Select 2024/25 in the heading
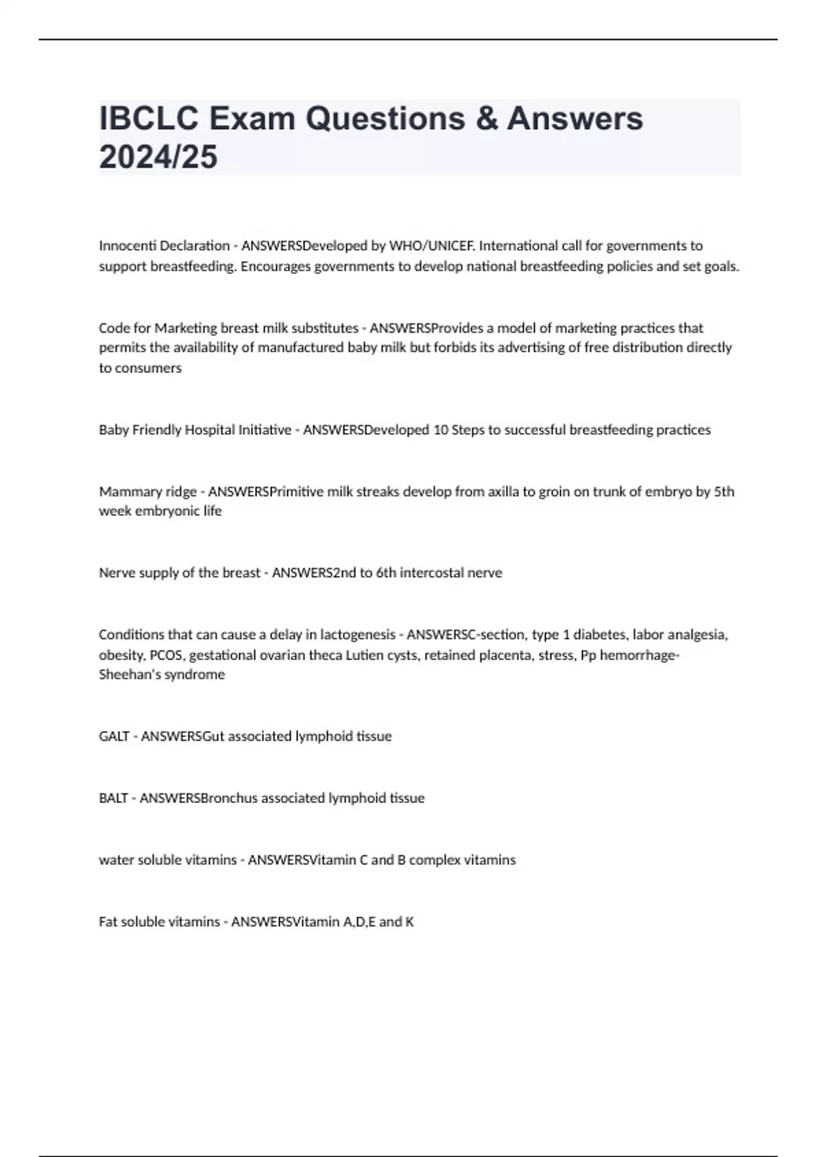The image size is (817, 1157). coord(158,157)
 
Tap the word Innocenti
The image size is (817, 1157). coord(127,246)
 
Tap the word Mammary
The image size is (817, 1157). coord(123,491)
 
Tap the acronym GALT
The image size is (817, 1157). coord(114,736)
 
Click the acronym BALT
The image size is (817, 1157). coord(113,798)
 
